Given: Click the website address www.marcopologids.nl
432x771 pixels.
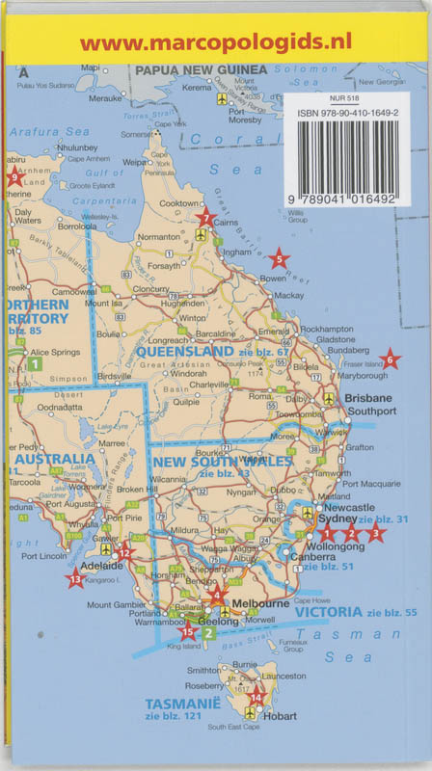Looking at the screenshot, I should coord(215,41).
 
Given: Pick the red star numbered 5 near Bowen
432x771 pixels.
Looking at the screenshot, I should coord(278,258).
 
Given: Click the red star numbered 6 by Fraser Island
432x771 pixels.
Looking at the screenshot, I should coord(390,360).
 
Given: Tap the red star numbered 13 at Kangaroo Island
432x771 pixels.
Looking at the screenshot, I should coord(75,579).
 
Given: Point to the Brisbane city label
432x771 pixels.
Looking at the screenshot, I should coord(368,398).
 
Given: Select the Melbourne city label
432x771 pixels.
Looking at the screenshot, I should coord(263,603).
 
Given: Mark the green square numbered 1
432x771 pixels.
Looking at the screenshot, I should coord(35,364).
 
